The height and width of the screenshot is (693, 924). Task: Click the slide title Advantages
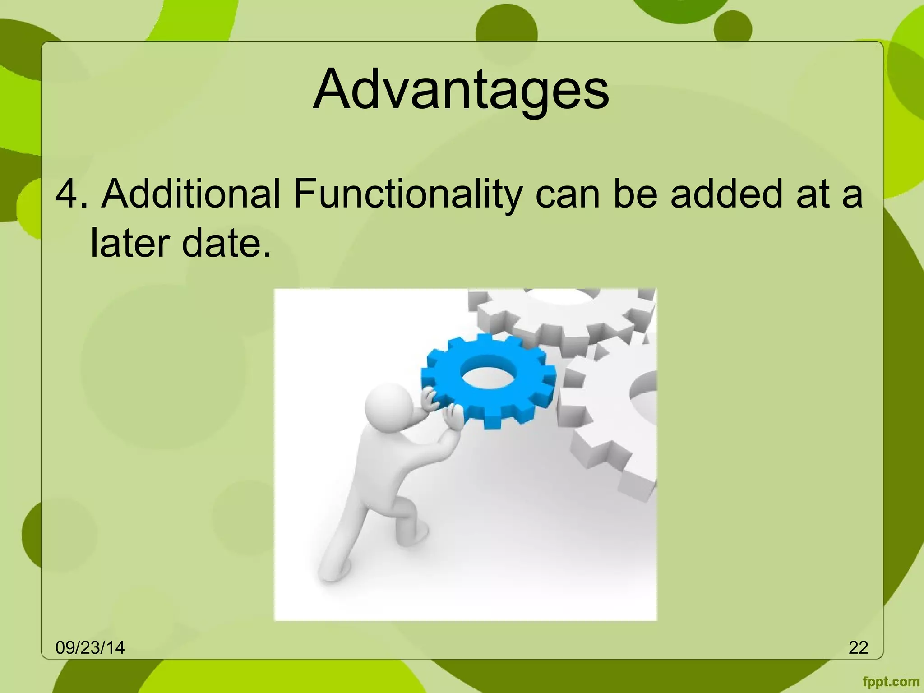(461, 89)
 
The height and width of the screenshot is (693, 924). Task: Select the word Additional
(191, 194)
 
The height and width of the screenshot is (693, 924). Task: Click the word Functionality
(408, 194)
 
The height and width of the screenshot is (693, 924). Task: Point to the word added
(726, 194)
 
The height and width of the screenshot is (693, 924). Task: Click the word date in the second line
(226, 243)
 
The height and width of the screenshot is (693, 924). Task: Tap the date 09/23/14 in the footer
(90, 647)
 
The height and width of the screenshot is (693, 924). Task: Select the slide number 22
(858, 647)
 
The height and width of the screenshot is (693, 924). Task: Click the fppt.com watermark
(891, 682)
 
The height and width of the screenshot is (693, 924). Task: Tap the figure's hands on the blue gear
(440, 406)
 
